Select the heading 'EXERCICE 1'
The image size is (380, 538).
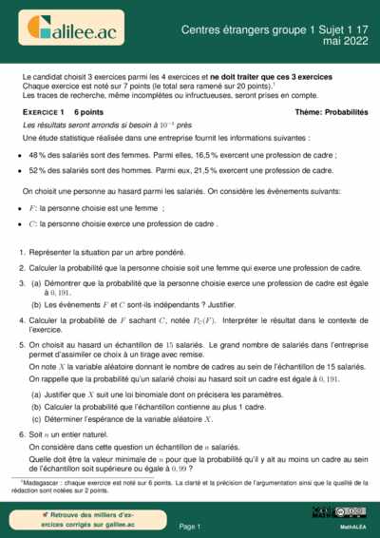click(42, 112)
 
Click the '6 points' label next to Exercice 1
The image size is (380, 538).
click(88, 112)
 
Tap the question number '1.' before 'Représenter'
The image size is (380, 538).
click(22, 254)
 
